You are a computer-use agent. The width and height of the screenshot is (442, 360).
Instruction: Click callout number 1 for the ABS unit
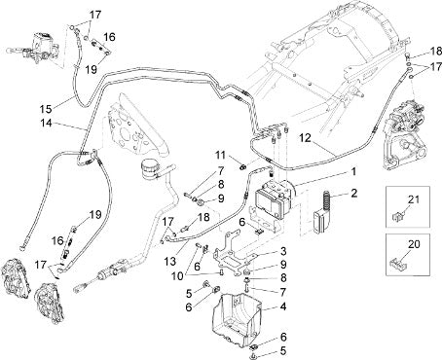(353, 171)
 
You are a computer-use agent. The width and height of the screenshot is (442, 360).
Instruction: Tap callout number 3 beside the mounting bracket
(283, 251)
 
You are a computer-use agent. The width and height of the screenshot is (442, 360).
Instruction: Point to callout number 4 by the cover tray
(283, 306)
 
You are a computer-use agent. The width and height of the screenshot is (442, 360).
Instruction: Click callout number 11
(221, 156)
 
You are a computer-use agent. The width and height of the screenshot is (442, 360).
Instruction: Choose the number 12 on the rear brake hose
(305, 138)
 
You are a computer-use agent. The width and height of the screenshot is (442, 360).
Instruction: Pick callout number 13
(170, 261)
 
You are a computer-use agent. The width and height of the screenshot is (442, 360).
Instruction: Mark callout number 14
(47, 124)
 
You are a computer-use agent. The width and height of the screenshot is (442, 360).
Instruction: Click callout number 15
(46, 109)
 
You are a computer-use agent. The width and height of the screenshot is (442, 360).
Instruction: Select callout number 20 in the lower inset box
(414, 244)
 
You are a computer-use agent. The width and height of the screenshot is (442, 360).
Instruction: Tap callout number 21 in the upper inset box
(414, 199)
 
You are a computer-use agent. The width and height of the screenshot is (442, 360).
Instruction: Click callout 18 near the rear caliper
(436, 52)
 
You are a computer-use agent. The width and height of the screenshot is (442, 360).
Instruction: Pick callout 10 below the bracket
(177, 276)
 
